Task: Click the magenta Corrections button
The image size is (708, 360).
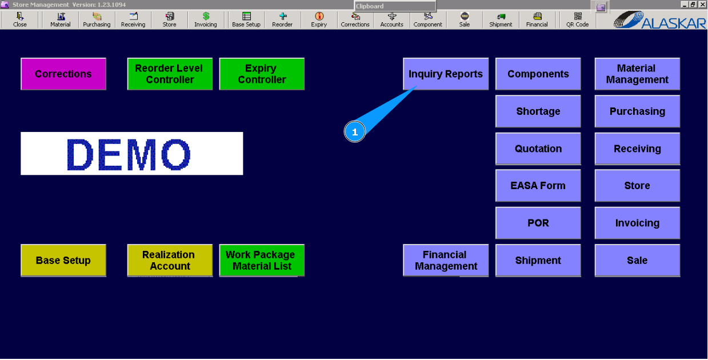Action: coord(63,74)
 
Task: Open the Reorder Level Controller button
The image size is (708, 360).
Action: coord(170,74)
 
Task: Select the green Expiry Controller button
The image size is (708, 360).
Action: coord(262,74)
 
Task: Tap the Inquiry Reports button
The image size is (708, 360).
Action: coord(446,74)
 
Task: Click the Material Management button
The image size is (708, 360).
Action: coord(637,74)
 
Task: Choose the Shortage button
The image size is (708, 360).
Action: coord(538,111)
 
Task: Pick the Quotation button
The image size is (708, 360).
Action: coord(538,149)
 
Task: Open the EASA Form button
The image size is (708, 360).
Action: coord(538,186)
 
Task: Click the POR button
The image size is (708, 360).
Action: coord(538,223)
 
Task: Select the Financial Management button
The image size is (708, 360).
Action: coord(446,261)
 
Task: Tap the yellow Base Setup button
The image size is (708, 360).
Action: coord(63,261)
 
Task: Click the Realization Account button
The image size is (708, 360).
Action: coord(170,261)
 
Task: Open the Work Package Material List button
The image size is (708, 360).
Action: coord(262,261)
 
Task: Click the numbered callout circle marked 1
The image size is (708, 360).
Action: coord(354,132)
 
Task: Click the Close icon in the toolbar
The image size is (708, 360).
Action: coord(20,20)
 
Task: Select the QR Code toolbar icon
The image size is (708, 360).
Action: coord(577,20)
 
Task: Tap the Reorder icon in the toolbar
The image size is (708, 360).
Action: coord(282,20)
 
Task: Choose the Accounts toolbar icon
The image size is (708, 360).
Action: coord(391,20)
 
